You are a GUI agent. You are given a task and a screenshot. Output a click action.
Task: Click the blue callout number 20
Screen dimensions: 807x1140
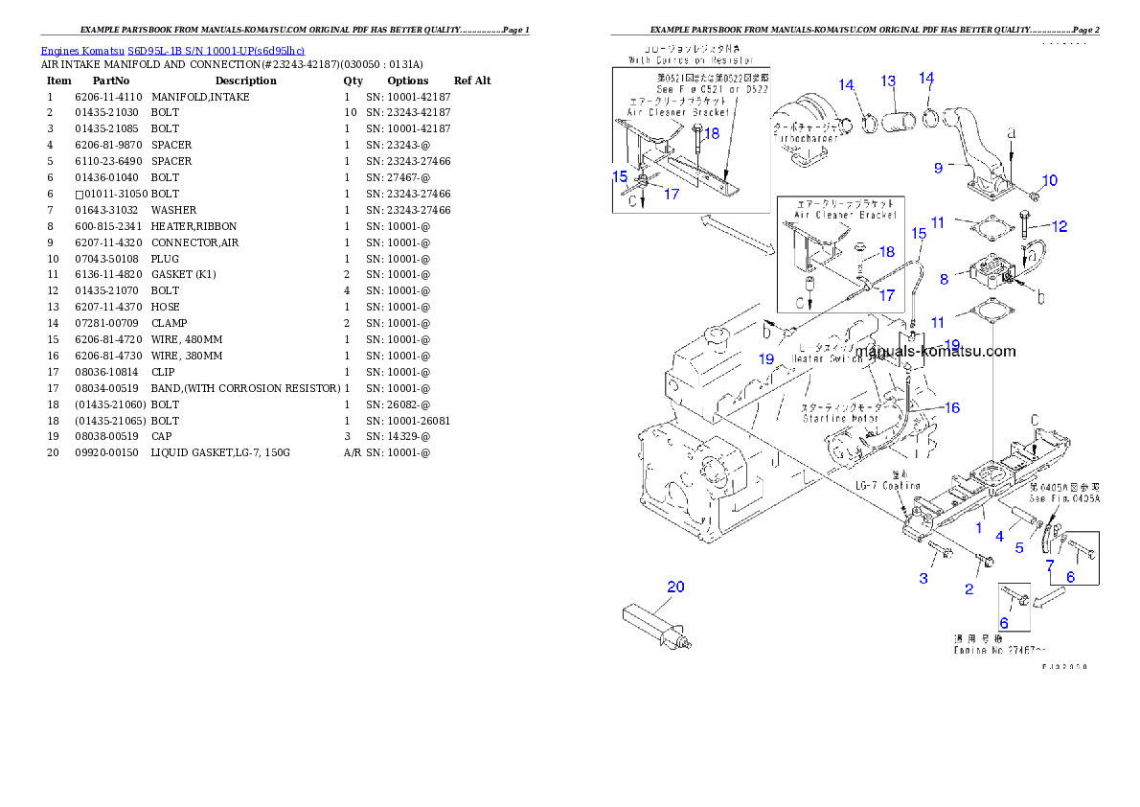tap(675, 587)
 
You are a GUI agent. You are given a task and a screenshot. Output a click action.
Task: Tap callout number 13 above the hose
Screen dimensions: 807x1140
tap(888, 81)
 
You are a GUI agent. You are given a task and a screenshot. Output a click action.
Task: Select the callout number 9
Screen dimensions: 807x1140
tap(939, 168)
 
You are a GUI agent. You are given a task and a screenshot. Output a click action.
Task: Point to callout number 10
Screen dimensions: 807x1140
tap(1050, 180)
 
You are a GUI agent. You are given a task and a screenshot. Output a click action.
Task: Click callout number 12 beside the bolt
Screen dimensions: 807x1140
tap(1059, 227)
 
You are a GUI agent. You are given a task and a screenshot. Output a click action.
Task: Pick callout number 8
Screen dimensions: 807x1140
tap(945, 279)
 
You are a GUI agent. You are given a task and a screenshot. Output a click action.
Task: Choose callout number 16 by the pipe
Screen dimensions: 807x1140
tap(951, 407)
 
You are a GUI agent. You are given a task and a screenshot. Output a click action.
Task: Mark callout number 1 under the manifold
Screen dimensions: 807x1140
tap(979, 527)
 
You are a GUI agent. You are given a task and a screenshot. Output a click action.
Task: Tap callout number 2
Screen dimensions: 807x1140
tap(969, 589)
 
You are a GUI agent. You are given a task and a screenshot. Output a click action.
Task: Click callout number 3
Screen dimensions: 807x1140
tap(923, 578)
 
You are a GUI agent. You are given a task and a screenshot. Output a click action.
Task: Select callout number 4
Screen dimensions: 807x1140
tap(999, 537)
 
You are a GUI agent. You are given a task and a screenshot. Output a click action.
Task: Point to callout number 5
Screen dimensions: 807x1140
tap(1019, 547)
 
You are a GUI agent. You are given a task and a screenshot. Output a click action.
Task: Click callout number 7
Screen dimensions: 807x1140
tap(1050, 565)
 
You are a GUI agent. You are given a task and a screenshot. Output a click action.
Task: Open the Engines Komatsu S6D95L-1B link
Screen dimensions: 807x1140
tap(172, 50)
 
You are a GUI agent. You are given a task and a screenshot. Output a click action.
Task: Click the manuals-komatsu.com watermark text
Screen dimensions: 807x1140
tap(935, 351)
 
